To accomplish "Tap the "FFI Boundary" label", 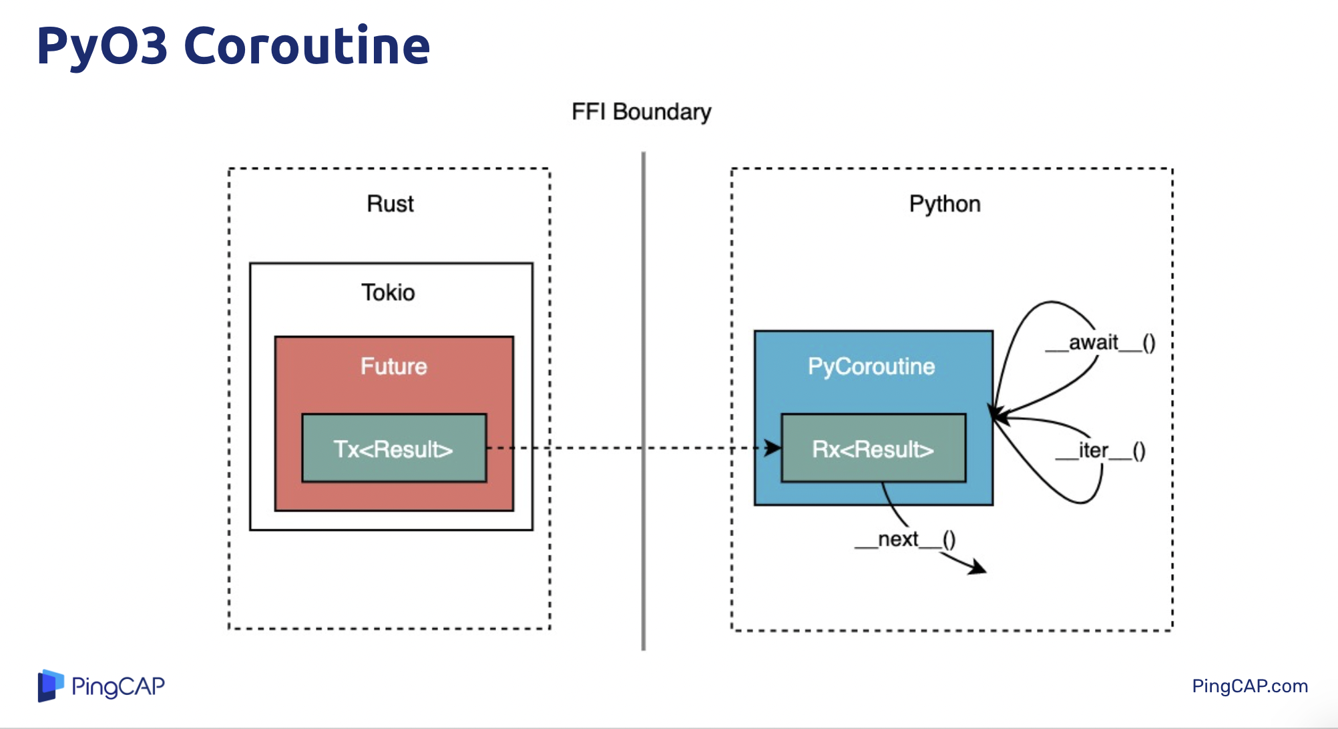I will pyautogui.click(x=641, y=111).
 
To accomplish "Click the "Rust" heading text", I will pyautogui.click(x=390, y=204).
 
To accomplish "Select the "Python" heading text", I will pyautogui.click(x=944, y=204).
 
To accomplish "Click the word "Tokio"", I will pyautogui.click(x=388, y=292).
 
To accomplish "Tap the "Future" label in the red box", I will pyautogui.click(x=394, y=366).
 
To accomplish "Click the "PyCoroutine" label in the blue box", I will pyautogui.click(x=871, y=366).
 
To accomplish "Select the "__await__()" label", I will pyautogui.click(x=1100, y=342).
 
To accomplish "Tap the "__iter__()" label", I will pyautogui.click(x=1100, y=451).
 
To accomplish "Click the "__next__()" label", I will pyautogui.click(x=905, y=539).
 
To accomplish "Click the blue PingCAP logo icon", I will pyautogui.click(x=51, y=686).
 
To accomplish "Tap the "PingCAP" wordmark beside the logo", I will pyautogui.click(x=118, y=686).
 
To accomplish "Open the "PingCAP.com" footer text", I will pyautogui.click(x=1249, y=686).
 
